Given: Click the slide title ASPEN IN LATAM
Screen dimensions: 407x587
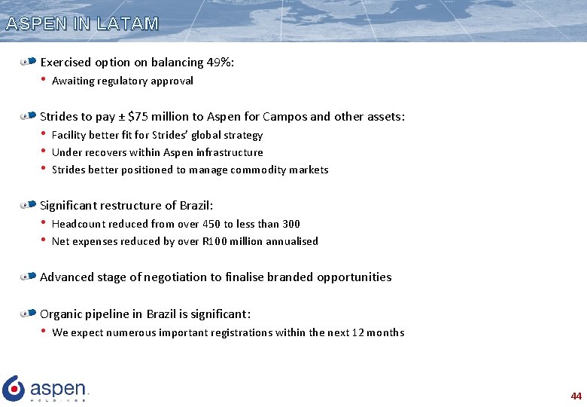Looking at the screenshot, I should point(82,23).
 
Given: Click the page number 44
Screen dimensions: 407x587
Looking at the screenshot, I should point(576,396).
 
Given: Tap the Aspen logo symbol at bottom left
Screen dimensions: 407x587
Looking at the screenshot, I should point(14,387).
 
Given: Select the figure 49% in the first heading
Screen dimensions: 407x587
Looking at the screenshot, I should point(219,63).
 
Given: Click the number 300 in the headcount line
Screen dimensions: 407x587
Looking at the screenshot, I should point(290,224).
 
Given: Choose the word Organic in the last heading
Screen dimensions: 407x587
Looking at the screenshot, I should point(61,314).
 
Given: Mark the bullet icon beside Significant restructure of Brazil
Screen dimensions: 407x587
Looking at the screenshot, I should point(29,205).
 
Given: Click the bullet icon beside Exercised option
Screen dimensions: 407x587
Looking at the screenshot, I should point(29,62).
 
